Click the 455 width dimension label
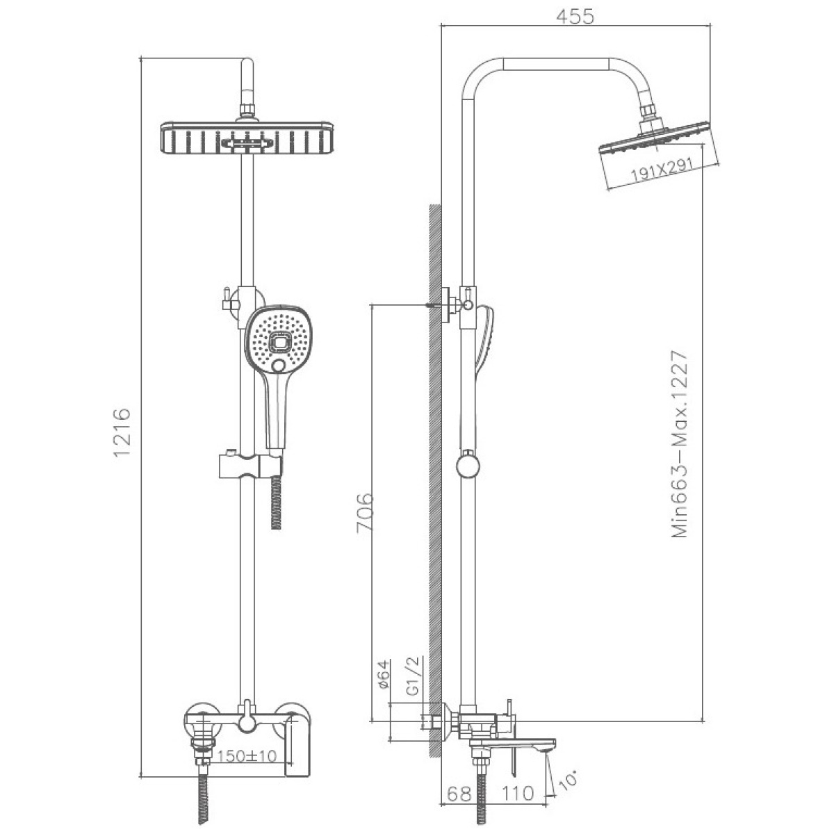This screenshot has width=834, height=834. click(x=575, y=17)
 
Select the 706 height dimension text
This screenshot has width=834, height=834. click(x=364, y=512)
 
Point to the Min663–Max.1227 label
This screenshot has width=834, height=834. click(x=680, y=444)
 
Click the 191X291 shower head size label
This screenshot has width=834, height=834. click(x=662, y=169)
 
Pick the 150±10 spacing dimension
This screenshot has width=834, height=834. click(x=246, y=756)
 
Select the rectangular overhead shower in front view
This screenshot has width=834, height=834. click(x=247, y=138)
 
